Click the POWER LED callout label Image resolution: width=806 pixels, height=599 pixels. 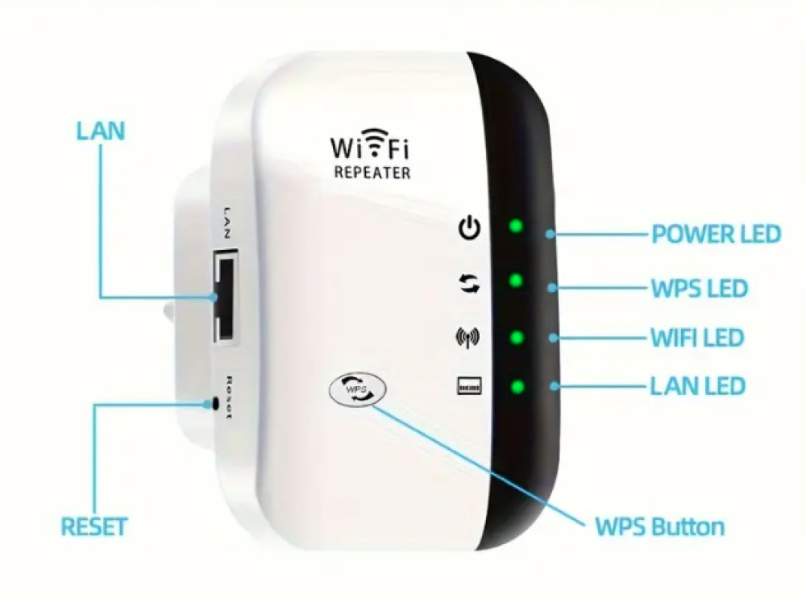(x=716, y=234)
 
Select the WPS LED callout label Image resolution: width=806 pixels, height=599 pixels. (x=699, y=288)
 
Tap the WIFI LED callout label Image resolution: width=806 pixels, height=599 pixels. (x=697, y=337)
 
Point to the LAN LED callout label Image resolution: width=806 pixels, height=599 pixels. (x=697, y=386)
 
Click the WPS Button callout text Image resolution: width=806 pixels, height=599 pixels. (x=659, y=527)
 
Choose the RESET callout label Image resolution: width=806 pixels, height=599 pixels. (x=94, y=527)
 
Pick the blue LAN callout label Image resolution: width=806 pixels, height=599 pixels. (x=101, y=131)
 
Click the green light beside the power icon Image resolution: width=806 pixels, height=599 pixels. (x=517, y=227)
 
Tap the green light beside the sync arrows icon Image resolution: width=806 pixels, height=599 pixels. (x=517, y=281)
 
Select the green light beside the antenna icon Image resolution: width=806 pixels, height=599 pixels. (x=517, y=335)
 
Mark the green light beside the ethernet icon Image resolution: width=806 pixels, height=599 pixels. (x=517, y=387)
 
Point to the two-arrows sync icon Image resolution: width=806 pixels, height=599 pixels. (x=469, y=283)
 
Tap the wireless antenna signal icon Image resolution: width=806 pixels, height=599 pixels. (x=468, y=336)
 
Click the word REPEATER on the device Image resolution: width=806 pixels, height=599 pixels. (x=372, y=173)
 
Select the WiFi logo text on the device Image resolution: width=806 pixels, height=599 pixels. (x=371, y=147)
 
